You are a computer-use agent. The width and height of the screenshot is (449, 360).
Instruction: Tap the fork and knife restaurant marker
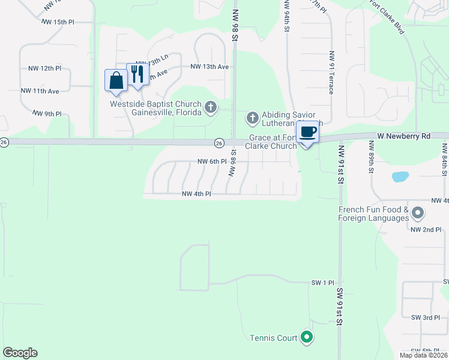pyautogui.click(x=138, y=74)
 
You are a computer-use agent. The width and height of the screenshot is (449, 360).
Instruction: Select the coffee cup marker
pyautogui.click(x=307, y=133)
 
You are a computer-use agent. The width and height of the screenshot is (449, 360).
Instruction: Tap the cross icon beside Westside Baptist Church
pyautogui.click(x=210, y=107)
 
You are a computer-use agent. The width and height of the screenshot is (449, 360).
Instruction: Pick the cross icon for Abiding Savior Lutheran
pyautogui.click(x=252, y=116)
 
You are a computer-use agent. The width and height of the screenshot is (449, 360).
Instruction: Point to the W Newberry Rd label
pyautogui.click(x=404, y=136)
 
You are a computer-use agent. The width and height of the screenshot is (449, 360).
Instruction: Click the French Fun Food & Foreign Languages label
pyautogui.click(x=373, y=214)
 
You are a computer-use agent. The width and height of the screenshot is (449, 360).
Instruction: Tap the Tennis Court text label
pyautogui.click(x=274, y=338)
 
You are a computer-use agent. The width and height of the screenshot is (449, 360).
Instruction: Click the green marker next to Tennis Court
pyautogui.click(x=307, y=338)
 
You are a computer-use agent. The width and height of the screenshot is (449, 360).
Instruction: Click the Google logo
pyautogui.click(x=20, y=353)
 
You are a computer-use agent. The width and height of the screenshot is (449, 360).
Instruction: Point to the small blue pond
pyautogui.click(x=400, y=177)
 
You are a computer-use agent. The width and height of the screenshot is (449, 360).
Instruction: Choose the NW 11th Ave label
pyautogui.click(x=40, y=91)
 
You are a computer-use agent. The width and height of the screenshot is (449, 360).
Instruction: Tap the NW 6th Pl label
pyautogui.click(x=212, y=161)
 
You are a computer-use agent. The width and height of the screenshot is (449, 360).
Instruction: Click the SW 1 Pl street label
pyautogui.click(x=322, y=282)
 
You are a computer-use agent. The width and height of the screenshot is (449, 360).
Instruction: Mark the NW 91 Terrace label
pyautogui.click(x=331, y=73)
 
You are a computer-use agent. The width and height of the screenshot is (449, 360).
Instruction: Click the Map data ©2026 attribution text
pyautogui.click(x=423, y=355)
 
